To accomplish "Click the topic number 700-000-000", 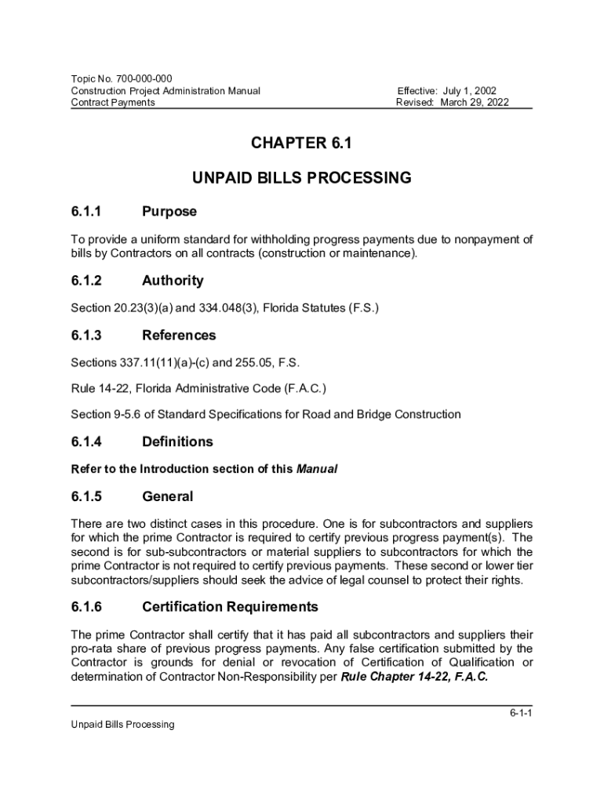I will pyautogui.click(x=144, y=78).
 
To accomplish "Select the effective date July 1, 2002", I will pyautogui.click(x=467, y=91).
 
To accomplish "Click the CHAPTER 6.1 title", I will pyautogui.click(x=301, y=144).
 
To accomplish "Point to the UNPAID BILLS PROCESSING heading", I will pyautogui.click(x=301, y=178).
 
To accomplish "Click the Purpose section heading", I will pyautogui.click(x=169, y=212).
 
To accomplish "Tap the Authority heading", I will pyautogui.click(x=173, y=281).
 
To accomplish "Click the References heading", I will pyautogui.click(x=179, y=336).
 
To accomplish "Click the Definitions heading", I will pyautogui.click(x=177, y=442).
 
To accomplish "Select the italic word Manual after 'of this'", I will pyautogui.click(x=316, y=470).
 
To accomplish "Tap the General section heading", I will pyautogui.click(x=167, y=497).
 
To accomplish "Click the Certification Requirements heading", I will pyautogui.click(x=230, y=607).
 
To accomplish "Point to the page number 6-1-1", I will pyautogui.click(x=520, y=714).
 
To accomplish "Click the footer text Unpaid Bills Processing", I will pyautogui.click(x=122, y=725).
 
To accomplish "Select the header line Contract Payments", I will pyautogui.click(x=113, y=103).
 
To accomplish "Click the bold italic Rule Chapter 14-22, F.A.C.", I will pyautogui.click(x=414, y=678).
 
